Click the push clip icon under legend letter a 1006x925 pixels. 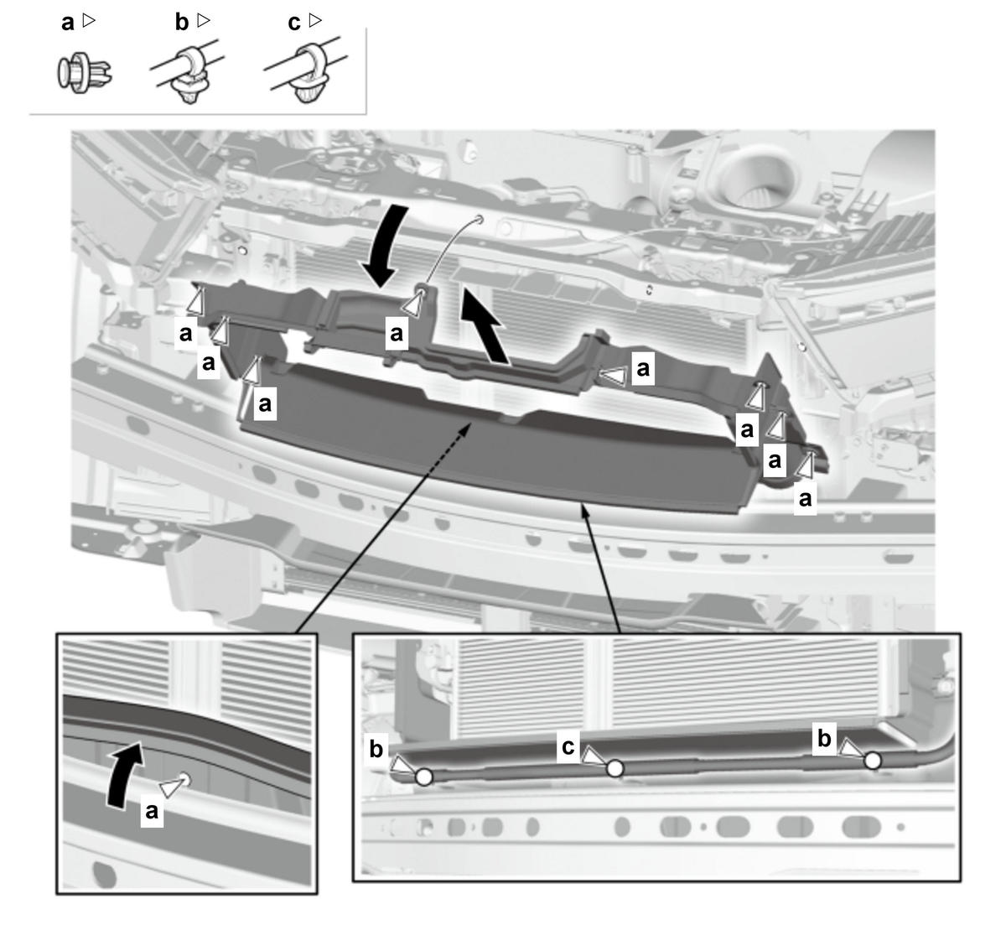pos(84,73)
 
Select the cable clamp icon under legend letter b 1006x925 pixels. pos(188,71)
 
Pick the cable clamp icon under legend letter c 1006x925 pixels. pos(306,70)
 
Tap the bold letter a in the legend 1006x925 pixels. pos(68,23)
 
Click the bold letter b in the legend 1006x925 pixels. pos(182,22)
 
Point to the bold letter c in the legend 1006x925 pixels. pos(294,23)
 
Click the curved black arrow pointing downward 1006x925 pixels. pos(385,246)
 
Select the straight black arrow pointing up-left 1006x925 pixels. pos(485,325)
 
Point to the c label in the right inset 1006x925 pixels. pos(568,746)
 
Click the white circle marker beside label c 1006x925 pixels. pos(614,768)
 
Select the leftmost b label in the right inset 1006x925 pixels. pos(376,749)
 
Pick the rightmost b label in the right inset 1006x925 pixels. pos(824,738)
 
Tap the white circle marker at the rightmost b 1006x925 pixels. pos(873,761)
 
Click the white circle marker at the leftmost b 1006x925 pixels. pos(423,777)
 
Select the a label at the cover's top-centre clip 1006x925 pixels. pos(397,333)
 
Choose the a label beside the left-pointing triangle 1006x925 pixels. pos(643,368)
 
